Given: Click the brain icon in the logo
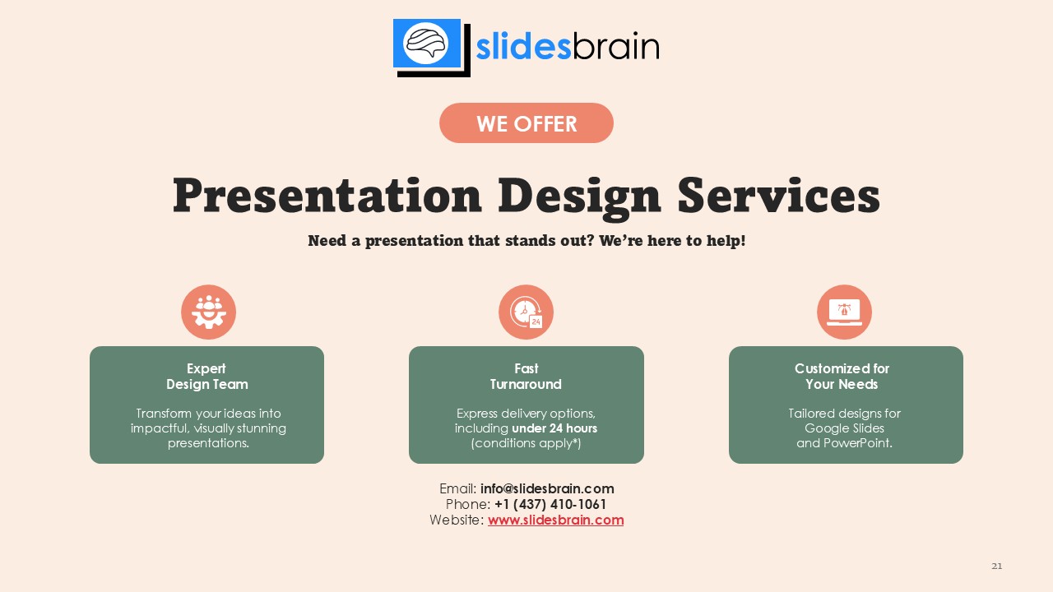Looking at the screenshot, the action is (426, 44).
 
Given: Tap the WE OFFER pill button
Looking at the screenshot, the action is (526, 123).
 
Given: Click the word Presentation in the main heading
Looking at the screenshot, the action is (327, 196).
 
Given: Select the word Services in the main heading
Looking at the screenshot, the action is (778, 196).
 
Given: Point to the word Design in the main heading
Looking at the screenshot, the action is (580, 197).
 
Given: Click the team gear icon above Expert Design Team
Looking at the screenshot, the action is (208, 312).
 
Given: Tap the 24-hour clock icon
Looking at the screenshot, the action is (526, 312).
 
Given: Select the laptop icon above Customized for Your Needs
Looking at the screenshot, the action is (844, 312).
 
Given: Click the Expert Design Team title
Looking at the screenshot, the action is (206, 377).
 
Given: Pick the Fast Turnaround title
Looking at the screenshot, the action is (526, 377).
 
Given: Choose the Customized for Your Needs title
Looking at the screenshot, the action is (842, 377).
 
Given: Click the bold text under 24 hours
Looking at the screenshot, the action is (554, 428).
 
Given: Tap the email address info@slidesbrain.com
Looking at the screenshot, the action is (547, 488).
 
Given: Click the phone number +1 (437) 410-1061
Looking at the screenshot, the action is (550, 504).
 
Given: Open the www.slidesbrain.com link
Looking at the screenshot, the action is (555, 520).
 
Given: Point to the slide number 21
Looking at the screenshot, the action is (996, 567).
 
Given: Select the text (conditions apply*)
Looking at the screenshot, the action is (526, 443).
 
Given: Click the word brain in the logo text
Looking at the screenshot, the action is (616, 47).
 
